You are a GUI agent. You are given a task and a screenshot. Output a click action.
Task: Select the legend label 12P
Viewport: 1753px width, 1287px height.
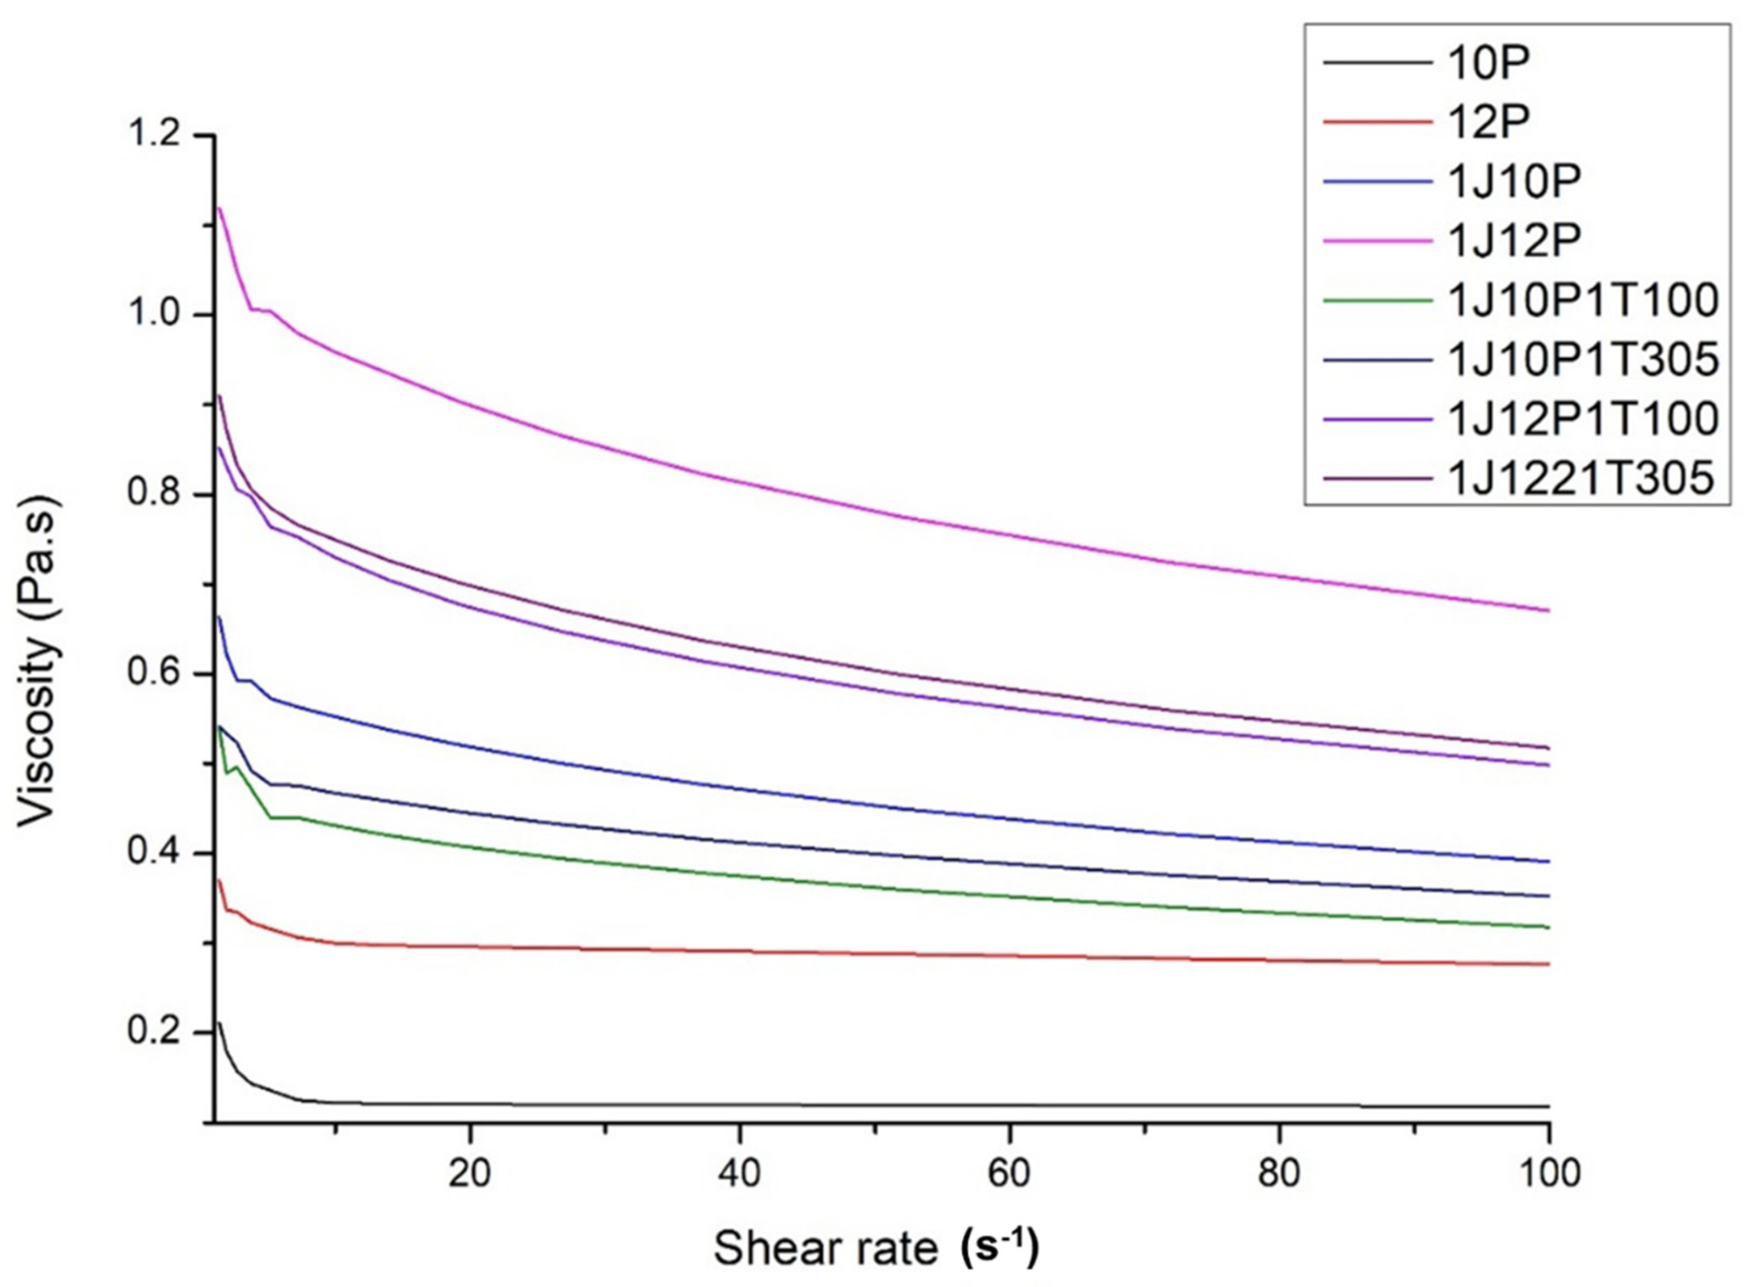pos(1489,122)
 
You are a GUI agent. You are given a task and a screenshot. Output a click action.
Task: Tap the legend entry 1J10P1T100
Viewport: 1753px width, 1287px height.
pos(1582,300)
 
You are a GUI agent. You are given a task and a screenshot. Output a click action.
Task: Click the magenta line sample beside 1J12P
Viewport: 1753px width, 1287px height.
pos(1377,241)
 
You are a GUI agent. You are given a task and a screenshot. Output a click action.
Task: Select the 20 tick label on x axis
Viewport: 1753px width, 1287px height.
pos(469,1173)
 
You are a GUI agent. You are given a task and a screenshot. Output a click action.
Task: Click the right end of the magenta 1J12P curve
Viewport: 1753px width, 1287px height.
pos(1548,610)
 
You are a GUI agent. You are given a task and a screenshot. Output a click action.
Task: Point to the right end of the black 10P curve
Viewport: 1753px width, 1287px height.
pos(1548,1106)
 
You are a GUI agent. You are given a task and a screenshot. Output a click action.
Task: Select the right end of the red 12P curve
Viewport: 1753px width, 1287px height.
pos(1548,964)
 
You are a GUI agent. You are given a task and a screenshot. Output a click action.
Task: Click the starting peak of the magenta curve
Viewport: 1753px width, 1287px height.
pos(220,208)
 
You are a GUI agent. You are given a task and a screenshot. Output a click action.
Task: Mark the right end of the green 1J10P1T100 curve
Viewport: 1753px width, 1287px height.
pos(1548,927)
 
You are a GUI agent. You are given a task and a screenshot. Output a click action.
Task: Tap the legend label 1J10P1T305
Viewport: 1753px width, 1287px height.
pos(1582,359)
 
